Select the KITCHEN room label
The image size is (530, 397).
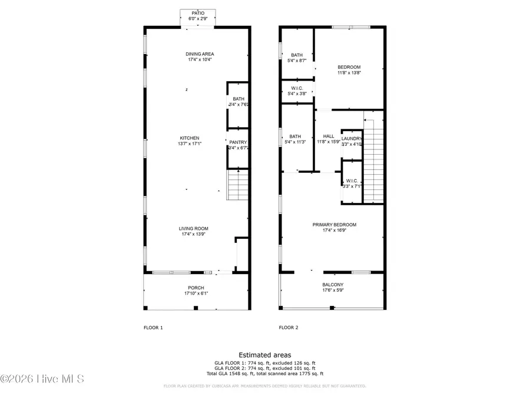coord(189,138)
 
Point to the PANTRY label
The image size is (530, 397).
coord(238,142)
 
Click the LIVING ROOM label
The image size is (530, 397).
coord(194,229)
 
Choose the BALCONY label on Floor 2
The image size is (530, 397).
coord(333,285)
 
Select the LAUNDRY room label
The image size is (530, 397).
coord(352,139)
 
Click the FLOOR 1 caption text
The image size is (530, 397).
coord(153,327)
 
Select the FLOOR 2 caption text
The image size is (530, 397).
coord(289,327)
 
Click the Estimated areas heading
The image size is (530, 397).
coord(264,355)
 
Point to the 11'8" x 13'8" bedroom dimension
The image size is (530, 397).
coord(349,73)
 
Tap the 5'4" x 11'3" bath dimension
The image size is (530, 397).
coord(296,142)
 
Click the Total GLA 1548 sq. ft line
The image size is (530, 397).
coord(264,373)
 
